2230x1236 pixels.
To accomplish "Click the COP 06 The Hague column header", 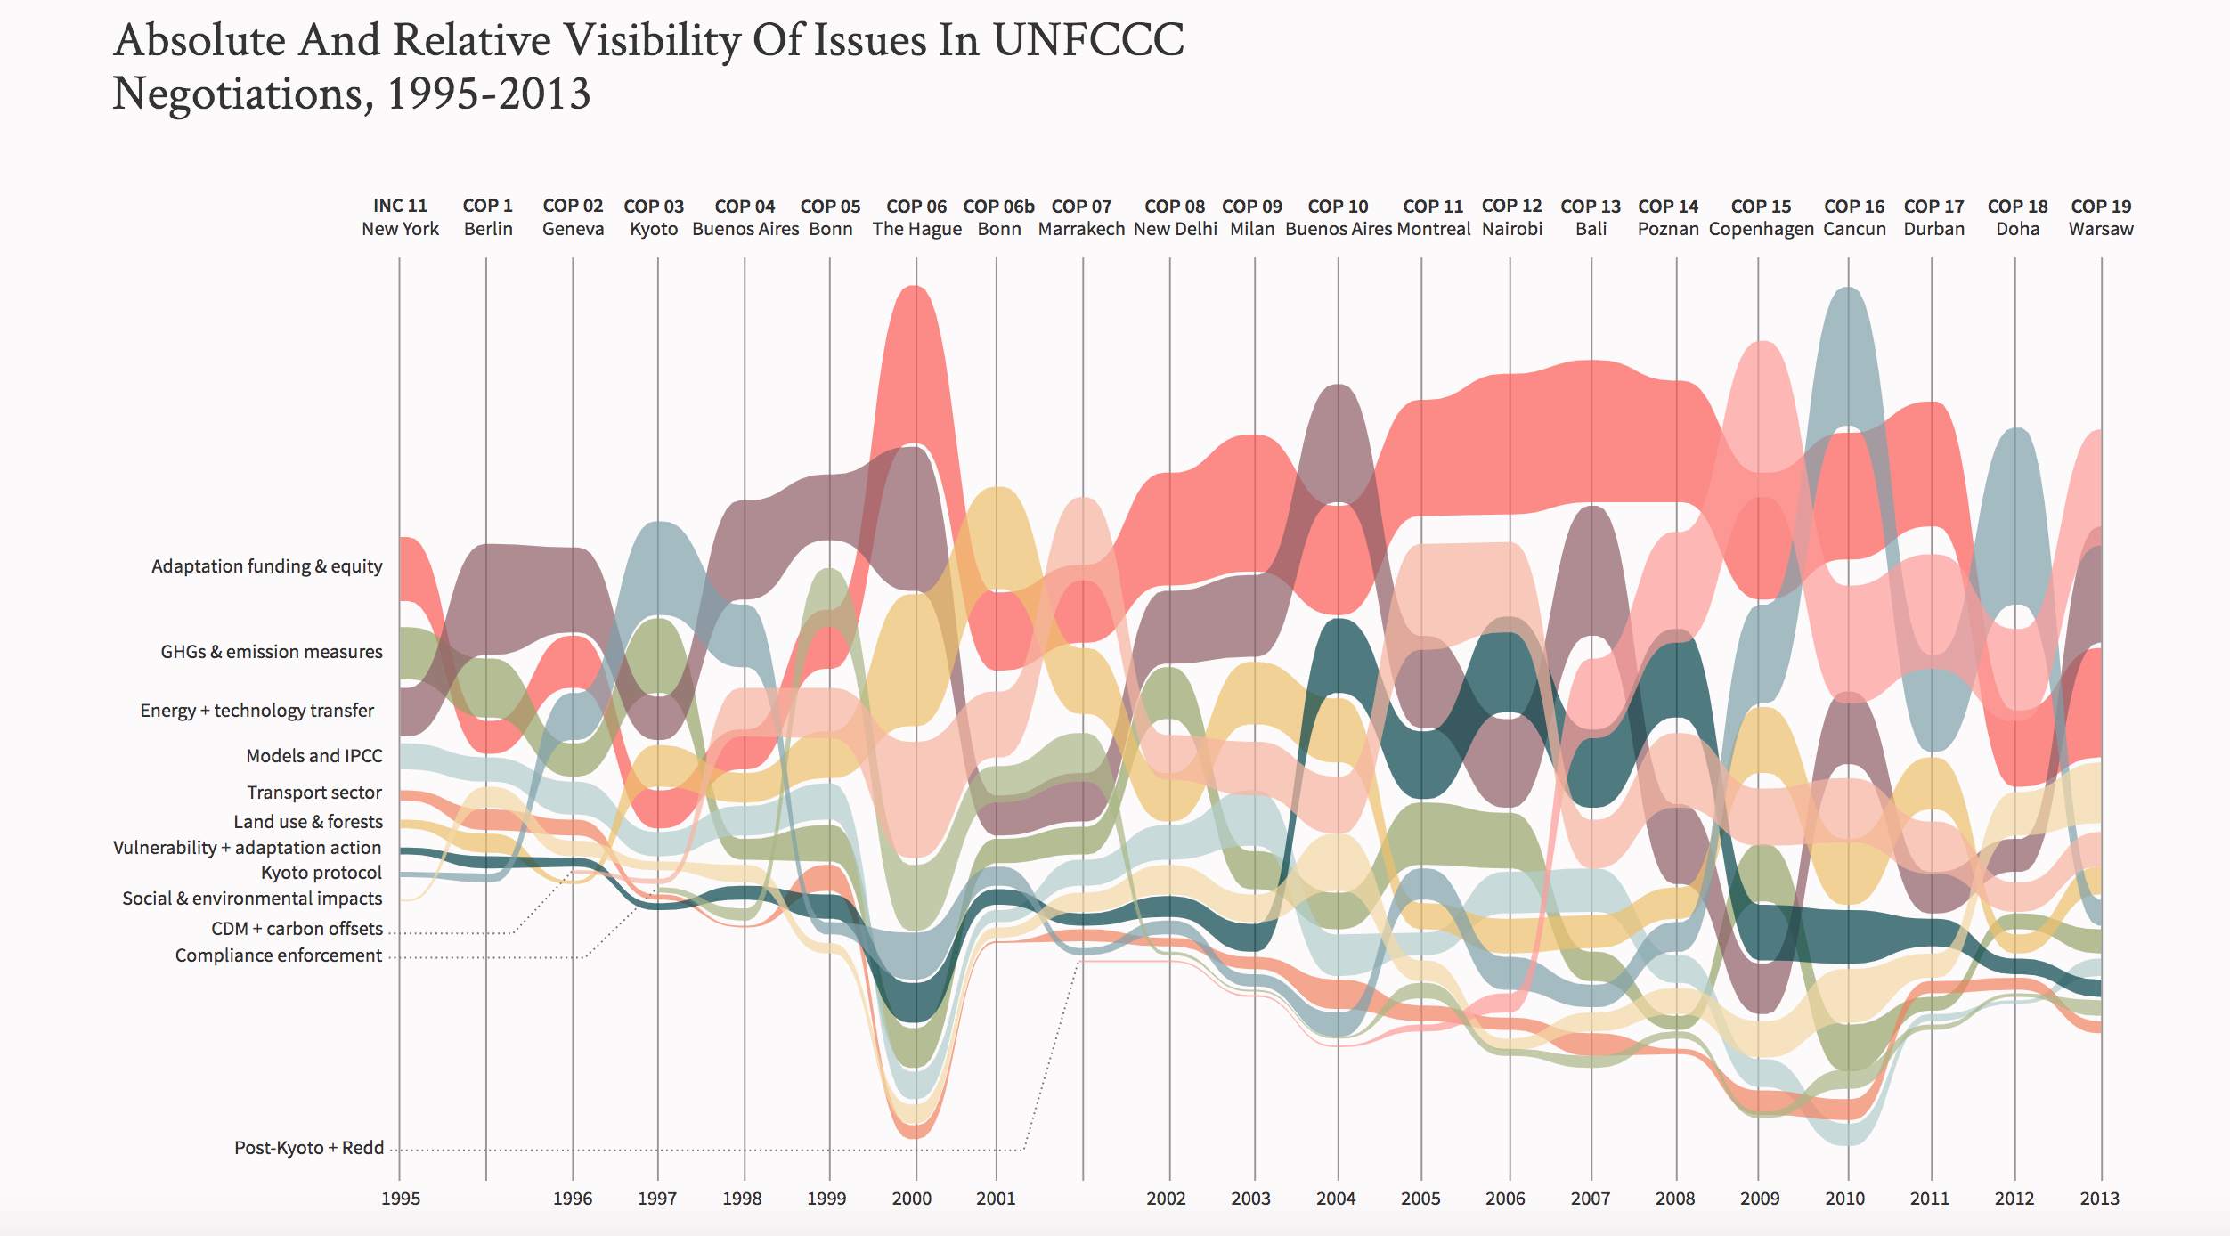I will [x=916, y=217].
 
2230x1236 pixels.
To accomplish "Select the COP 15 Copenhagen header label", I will [x=1761, y=217].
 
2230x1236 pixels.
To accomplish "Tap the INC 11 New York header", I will [x=400, y=217].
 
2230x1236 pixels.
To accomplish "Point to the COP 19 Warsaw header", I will [x=2101, y=217].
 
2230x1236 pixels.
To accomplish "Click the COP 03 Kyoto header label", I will [x=654, y=217].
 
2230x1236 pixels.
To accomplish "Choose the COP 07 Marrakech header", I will [x=1081, y=217].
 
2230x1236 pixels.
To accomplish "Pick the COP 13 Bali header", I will [x=1591, y=217].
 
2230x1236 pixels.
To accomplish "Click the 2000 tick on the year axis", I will [x=912, y=1199].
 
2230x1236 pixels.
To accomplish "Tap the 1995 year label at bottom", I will [x=401, y=1199].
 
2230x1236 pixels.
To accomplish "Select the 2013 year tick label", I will [x=2099, y=1199].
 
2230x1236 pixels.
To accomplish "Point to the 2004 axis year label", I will [x=1336, y=1199].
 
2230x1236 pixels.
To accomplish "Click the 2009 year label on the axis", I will [x=1760, y=1199].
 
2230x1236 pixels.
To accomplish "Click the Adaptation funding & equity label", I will [x=266, y=566].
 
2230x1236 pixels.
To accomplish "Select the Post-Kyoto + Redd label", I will [x=309, y=1148].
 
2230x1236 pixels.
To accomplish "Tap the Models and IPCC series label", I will [x=313, y=756].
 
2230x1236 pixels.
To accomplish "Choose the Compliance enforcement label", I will [x=278, y=955].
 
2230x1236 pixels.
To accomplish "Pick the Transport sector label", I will [x=314, y=793].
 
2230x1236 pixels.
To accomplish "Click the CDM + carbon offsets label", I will [x=297, y=929].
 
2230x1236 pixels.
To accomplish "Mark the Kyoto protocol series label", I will [x=321, y=873].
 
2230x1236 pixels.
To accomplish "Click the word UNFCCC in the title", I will [x=1088, y=41].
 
